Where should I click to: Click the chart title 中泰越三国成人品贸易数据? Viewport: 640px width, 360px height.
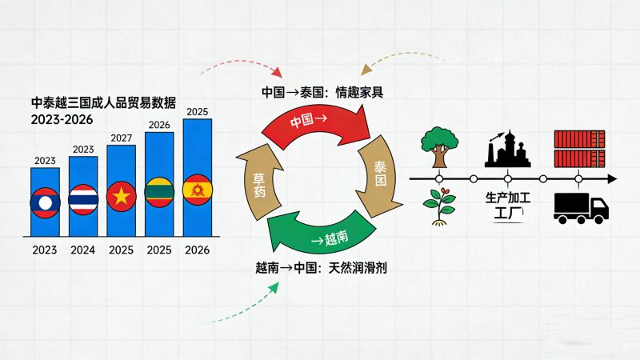click(103, 103)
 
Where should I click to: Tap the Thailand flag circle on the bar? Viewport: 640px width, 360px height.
click(83, 199)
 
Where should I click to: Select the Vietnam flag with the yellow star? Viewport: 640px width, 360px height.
click(121, 196)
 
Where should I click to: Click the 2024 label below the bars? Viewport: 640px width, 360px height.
click(83, 250)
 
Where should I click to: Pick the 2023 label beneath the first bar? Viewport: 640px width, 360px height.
click(45, 250)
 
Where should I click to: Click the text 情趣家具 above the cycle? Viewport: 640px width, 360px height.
click(358, 92)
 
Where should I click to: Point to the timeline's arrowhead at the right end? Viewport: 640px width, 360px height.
click(610, 178)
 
